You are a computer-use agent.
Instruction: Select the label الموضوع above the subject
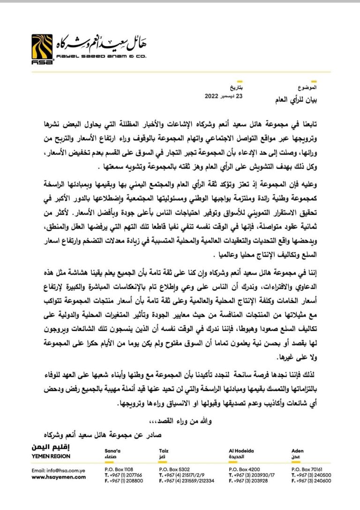[307, 88]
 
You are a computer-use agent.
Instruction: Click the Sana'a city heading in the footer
[112, 450]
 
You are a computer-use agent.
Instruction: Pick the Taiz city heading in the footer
[164, 450]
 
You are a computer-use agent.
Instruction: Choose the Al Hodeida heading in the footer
[241, 450]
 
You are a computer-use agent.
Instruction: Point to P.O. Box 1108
[119, 469]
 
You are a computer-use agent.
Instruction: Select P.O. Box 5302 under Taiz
[174, 469]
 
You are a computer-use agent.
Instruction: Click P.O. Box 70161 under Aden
[307, 469]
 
